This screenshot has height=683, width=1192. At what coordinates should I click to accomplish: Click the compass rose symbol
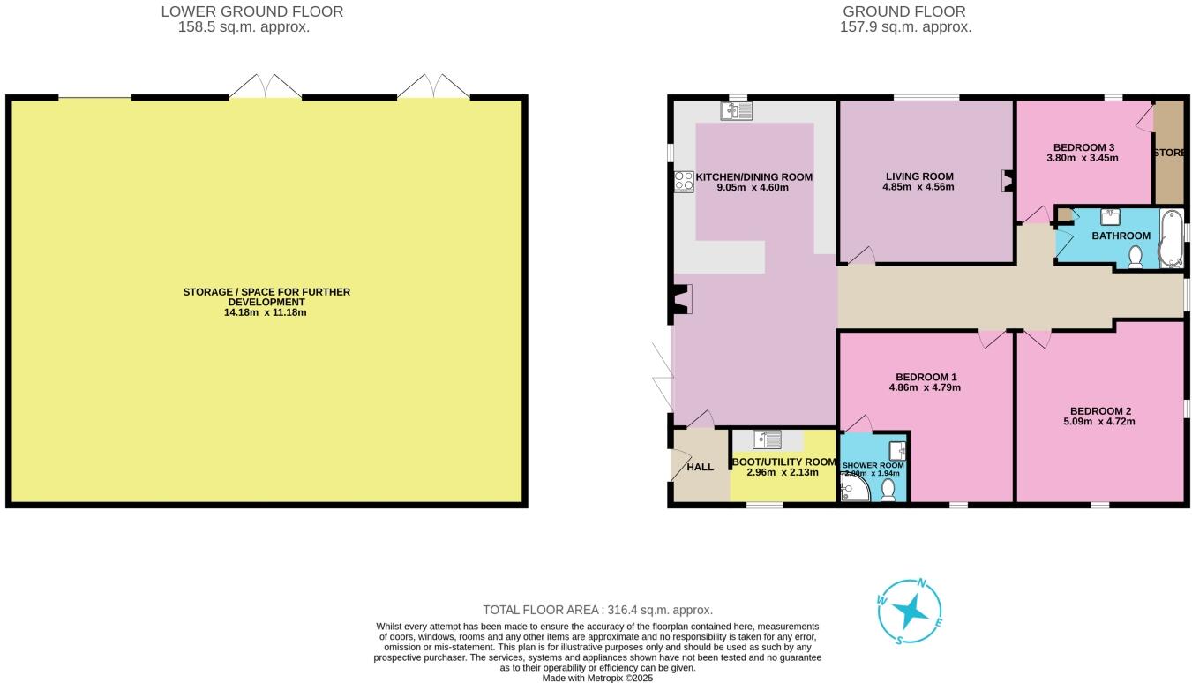pyautogui.click(x=910, y=612)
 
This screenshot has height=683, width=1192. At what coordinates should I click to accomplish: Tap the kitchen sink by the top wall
pyautogui.click(x=736, y=111)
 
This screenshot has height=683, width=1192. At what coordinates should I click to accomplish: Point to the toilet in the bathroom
pyautogui.click(x=1136, y=257)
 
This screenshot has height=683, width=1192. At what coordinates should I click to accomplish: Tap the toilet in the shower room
pyautogui.click(x=888, y=491)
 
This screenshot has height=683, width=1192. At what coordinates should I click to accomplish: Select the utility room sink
pyautogui.click(x=768, y=439)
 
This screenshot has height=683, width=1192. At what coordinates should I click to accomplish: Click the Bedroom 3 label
pyautogui.click(x=1084, y=147)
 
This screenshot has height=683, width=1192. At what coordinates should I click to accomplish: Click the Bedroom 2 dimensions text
pyautogui.click(x=1101, y=422)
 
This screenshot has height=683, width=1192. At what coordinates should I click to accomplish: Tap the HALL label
pyautogui.click(x=700, y=467)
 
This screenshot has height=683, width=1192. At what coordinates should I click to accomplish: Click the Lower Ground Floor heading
pyautogui.click(x=252, y=11)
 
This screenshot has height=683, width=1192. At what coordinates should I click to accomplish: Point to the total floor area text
pyautogui.click(x=597, y=610)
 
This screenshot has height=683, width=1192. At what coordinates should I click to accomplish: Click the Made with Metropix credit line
pyautogui.click(x=597, y=678)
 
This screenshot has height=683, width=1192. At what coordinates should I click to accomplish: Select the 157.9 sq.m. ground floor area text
pyautogui.click(x=905, y=27)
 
